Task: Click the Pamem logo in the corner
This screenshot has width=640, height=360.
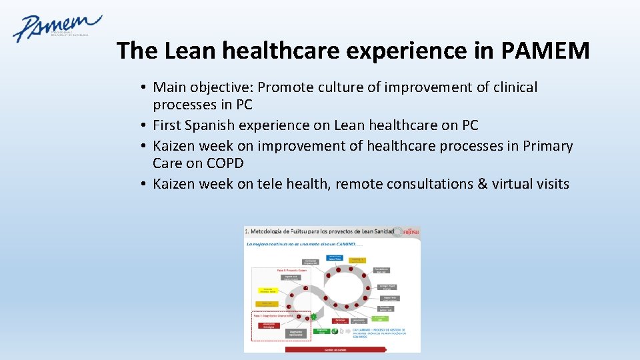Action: click(56, 28)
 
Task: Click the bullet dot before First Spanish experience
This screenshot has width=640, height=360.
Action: click(144, 125)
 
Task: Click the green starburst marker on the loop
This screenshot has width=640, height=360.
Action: click(313, 317)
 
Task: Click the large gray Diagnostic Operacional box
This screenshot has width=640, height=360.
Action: click(296, 333)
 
